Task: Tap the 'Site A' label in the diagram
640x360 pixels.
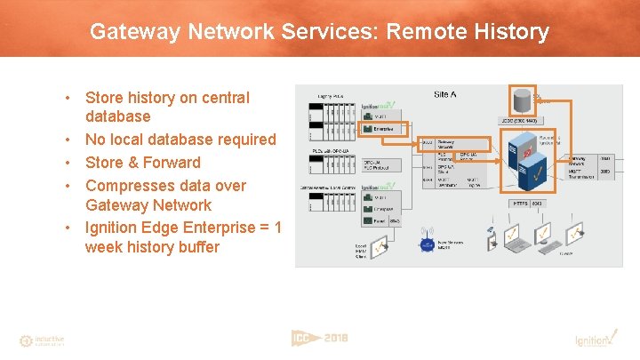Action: [x=445, y=94]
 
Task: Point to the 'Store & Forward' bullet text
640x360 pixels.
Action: [x=142, y=163]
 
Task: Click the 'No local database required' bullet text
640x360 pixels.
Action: [x=180, y=140]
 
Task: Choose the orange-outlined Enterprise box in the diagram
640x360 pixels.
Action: [x=385, y=128]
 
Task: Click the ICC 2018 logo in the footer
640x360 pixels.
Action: [x=319, y=339]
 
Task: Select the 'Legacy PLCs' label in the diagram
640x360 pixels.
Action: [x=332, y=95]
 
